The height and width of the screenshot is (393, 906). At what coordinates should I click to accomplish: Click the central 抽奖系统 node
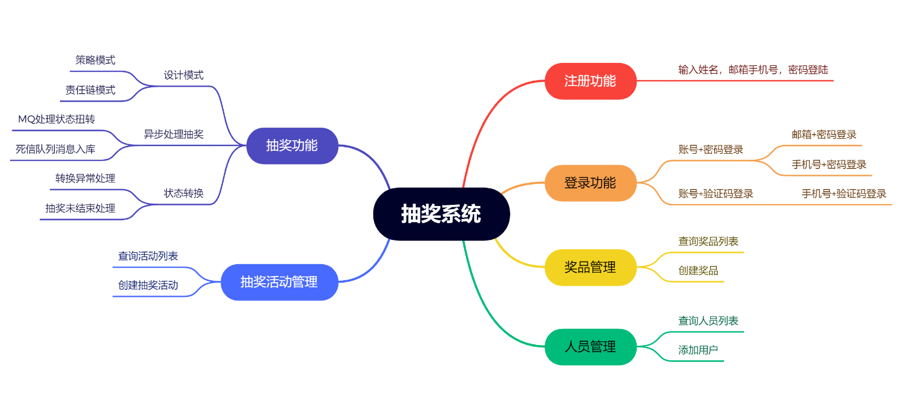click(441, 214)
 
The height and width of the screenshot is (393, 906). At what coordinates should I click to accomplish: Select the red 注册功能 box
click(590, 81)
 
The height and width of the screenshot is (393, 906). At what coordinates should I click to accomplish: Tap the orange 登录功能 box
click(590, 183)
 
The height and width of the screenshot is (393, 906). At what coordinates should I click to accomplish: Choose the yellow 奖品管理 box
click(590, 267)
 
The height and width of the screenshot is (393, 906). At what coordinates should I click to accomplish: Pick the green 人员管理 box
click(590, 347)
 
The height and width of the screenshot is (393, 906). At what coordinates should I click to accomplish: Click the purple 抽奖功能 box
click(292, 145)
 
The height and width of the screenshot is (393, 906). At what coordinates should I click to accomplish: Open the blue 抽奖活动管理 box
click(279, 282)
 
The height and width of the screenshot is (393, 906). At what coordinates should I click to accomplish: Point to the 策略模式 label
click(95, 60)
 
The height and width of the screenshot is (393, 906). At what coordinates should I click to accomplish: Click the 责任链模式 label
click(90, 90)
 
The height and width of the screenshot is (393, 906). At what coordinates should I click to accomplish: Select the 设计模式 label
click(183, 75)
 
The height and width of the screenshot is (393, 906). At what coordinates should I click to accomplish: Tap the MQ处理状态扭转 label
click(56, 119)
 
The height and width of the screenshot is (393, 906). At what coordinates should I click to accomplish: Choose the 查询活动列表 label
click(148, 256)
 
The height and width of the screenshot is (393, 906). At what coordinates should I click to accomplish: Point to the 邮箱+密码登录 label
click(824, 135)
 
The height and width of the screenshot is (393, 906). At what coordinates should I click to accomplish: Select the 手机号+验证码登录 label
click(844, 194)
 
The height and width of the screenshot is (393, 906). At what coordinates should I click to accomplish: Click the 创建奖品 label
click(698, 271)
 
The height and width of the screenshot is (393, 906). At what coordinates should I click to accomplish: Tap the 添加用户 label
click(698, 350)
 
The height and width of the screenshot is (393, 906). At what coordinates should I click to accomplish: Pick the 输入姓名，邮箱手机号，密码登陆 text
click(753, 70)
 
